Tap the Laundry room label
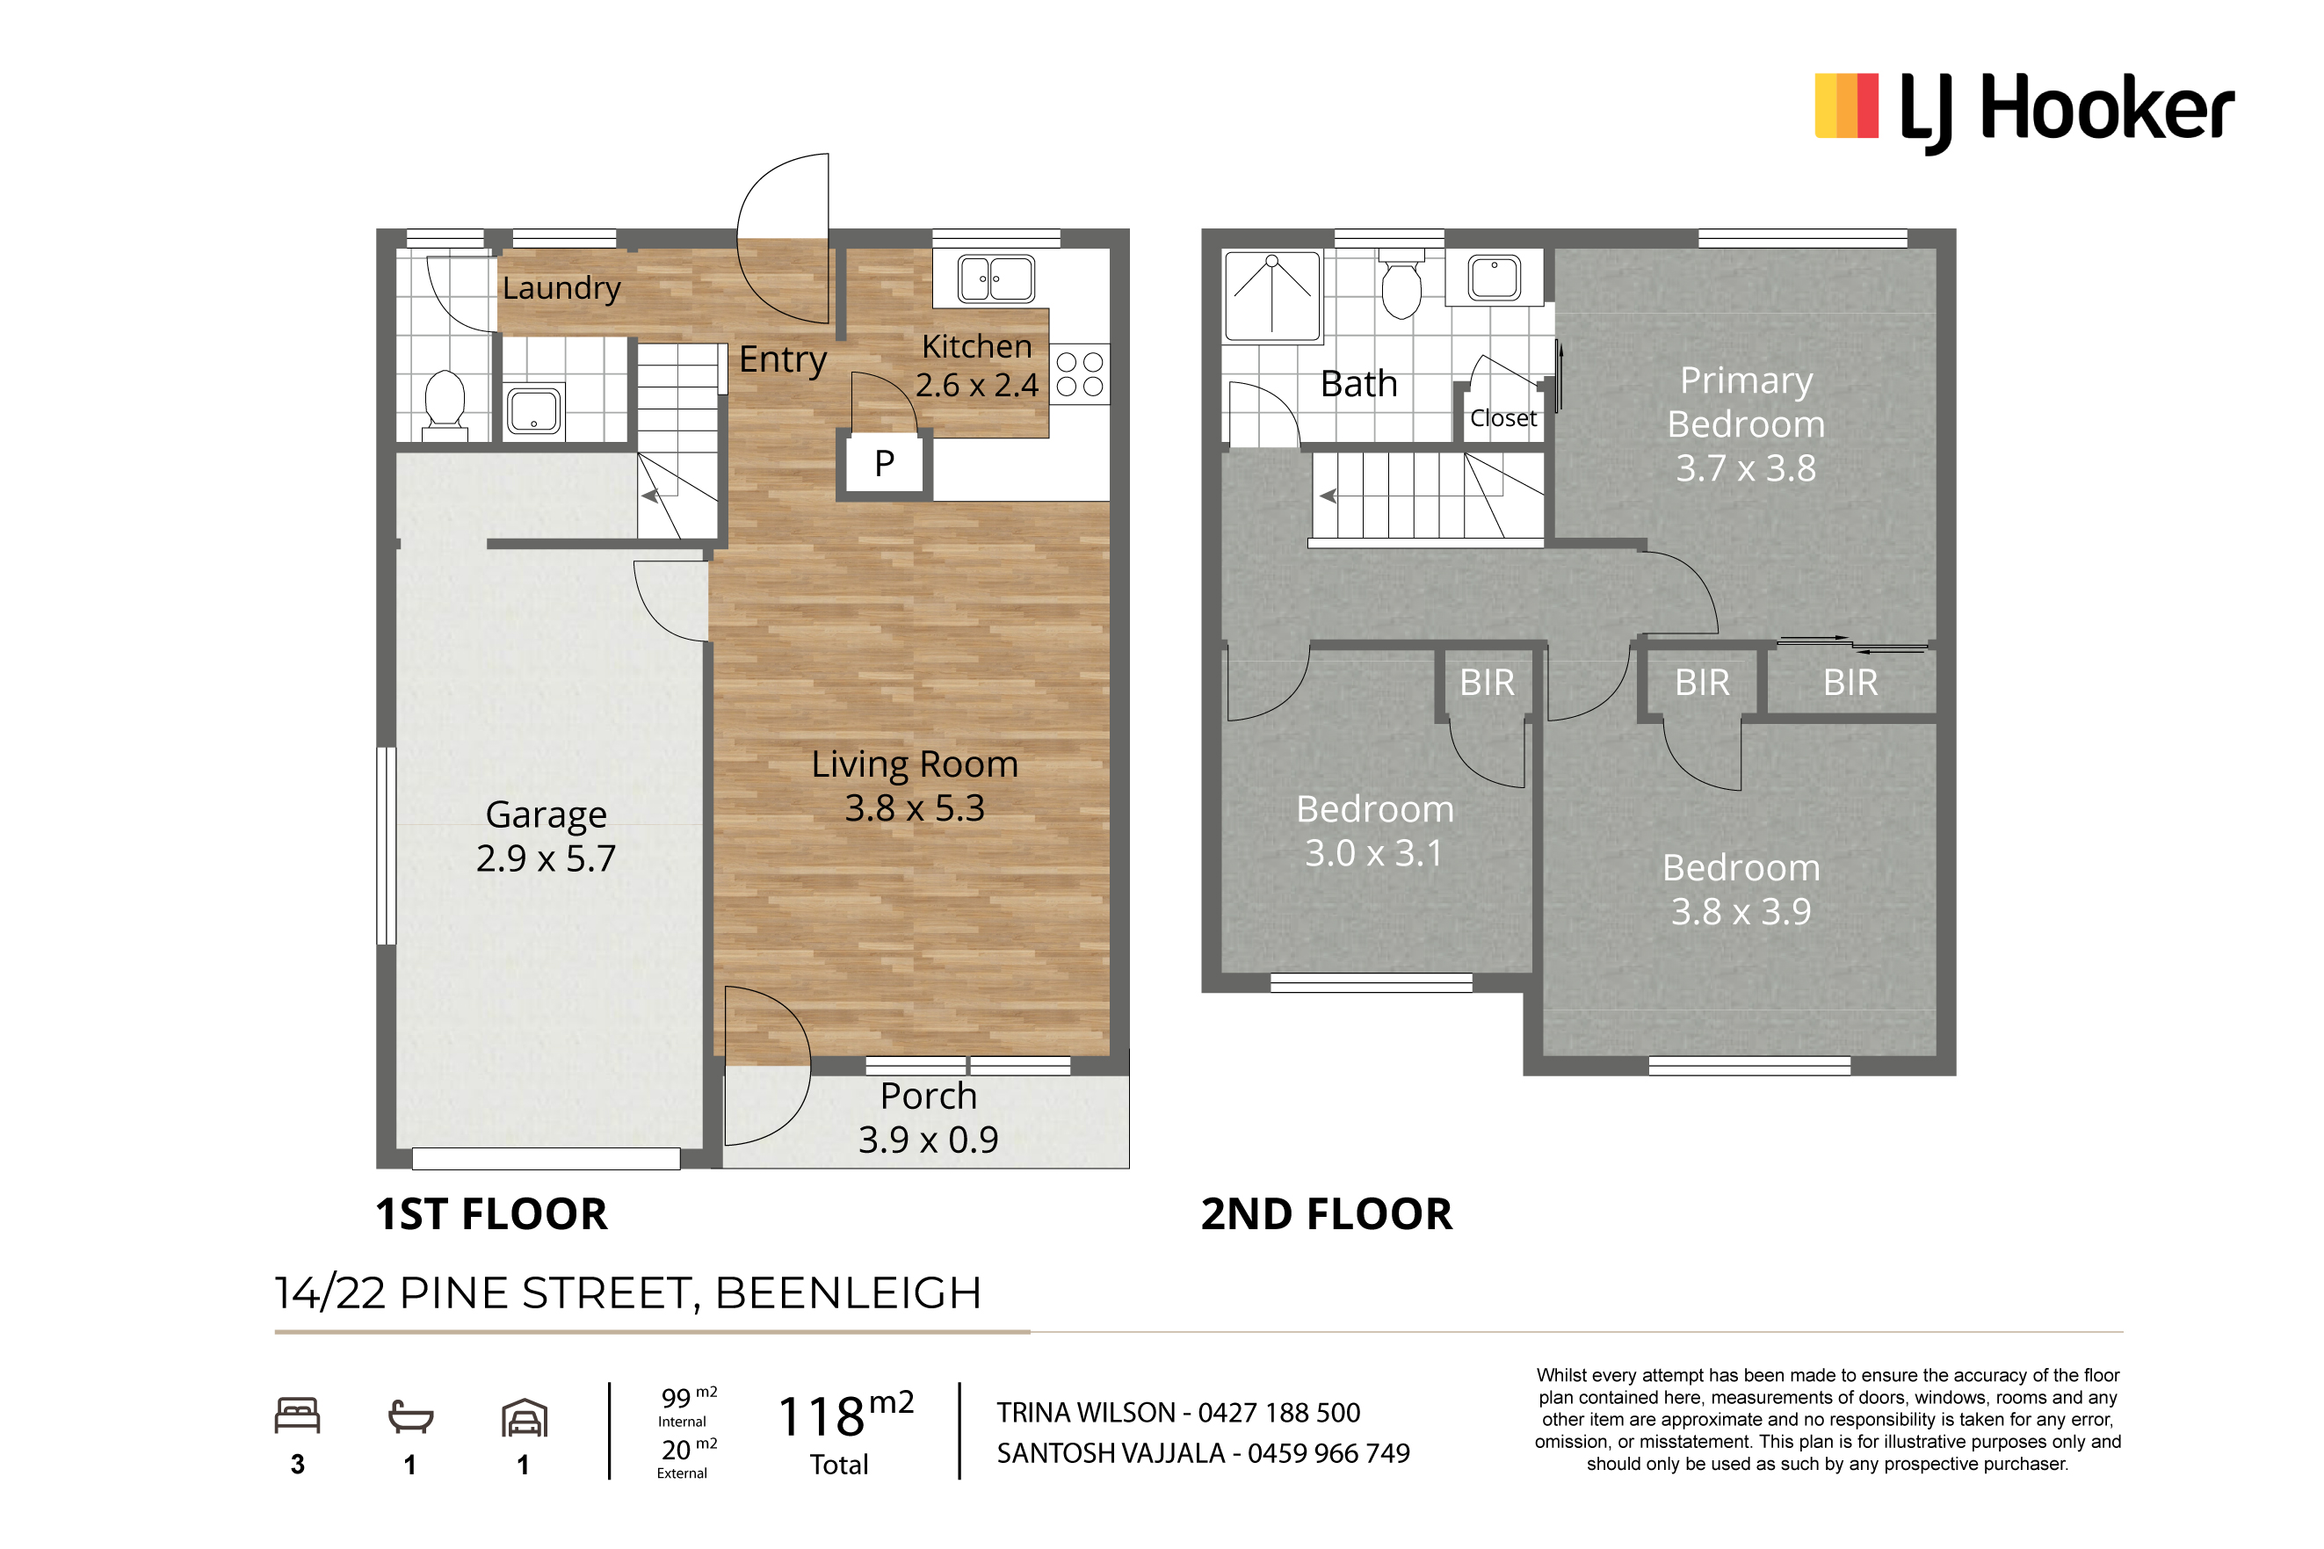[561, 287]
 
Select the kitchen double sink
[995, 279]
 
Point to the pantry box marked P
[884, 463]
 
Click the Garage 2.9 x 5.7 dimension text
[547, 858]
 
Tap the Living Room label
[915, 764]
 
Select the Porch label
[929, 1096]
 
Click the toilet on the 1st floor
[445, 403]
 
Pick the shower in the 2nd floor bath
[1272, 295]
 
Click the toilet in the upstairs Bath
[1401, 285]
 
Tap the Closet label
[1502, 418]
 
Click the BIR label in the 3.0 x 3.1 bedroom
[1487, 683]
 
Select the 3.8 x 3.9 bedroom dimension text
[1741, 911]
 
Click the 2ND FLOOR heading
[1327, 1214]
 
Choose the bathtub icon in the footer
[410, 1415]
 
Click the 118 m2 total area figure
[844, 1414]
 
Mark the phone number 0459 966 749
[1329, 1453]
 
